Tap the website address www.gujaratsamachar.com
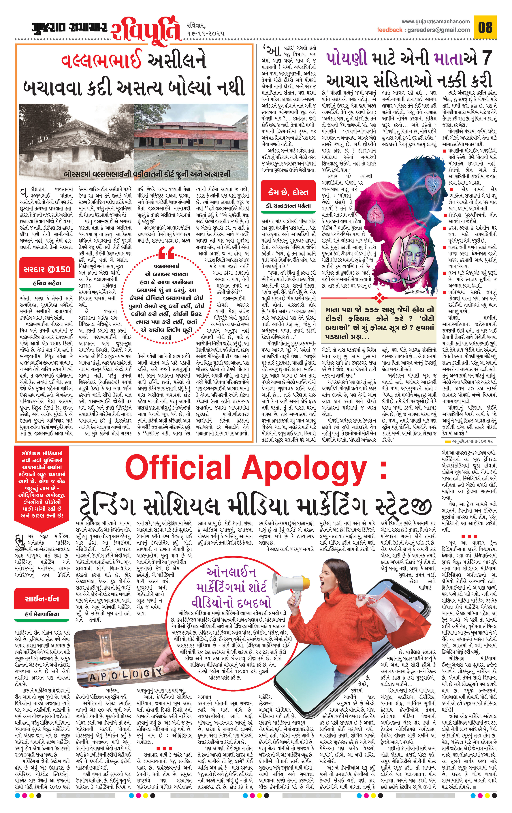point(436,21)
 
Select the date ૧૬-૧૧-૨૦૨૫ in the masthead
point(205,34)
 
